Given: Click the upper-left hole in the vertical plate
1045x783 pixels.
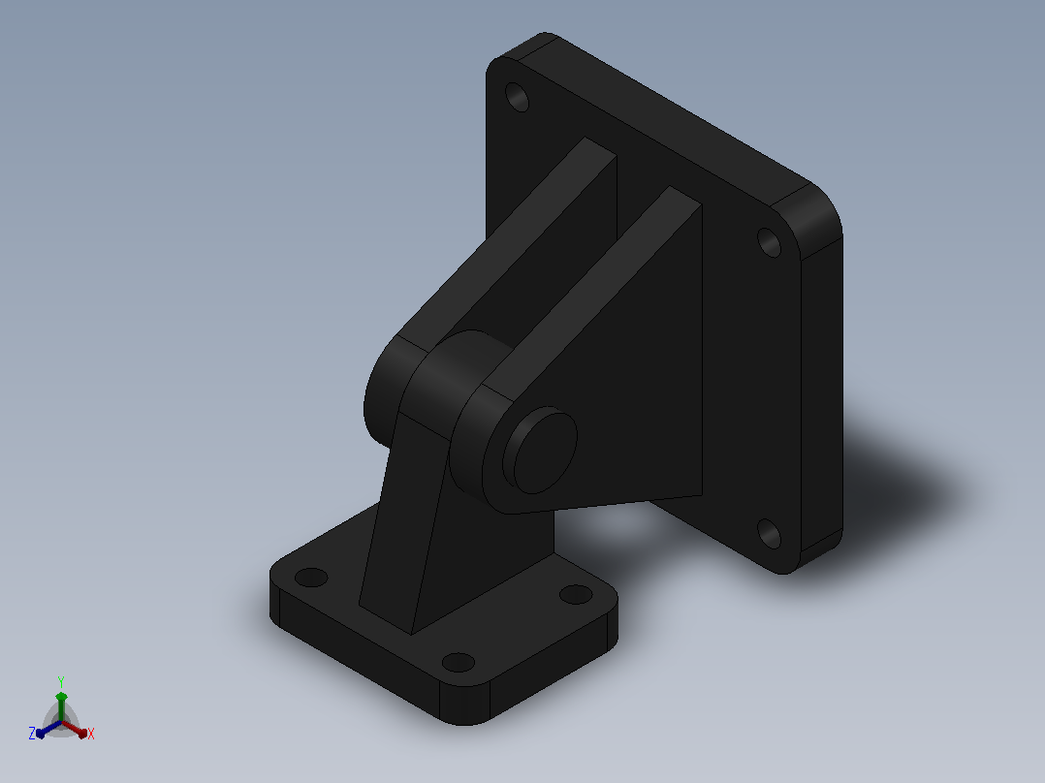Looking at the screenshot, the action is pyautogui.click(x=518, y=97).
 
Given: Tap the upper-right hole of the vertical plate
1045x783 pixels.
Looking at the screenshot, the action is pyautogui.click(x=769, y=242).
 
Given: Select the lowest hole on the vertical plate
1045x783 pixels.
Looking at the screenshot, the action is pyautogui.click(x=769, y=533).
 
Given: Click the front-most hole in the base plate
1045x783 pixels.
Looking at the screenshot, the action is pyautogui.click(x=458, y=663).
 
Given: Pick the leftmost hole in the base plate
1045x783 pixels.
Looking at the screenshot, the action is pyautogui.click(x=310, y=578).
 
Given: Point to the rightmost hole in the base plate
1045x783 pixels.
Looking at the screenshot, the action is pyautogui.click(x=576, y=594).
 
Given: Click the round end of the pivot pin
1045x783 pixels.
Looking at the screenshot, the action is pyautogui.click(x=541, y=452).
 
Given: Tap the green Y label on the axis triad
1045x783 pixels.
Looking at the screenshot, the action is pyautogui.click(x=61, y=681).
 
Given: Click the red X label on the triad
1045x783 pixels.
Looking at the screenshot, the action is pyautogui.click(x=91, y=734).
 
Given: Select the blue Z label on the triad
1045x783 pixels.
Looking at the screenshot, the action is pyautogui.click(x=32, y=733).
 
